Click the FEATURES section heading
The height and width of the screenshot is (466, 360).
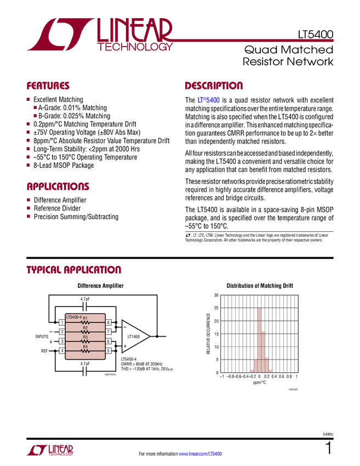[48, 86]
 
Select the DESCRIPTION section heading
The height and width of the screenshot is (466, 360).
[214, 86]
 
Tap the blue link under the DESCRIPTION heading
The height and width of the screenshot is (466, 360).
[209, 100]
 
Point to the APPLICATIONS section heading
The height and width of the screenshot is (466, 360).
[58, 186]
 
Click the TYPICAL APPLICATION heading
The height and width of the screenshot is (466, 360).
[73, 270]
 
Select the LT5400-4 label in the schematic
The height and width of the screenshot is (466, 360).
[74, 317]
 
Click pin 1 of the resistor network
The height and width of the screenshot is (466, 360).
[62, 322]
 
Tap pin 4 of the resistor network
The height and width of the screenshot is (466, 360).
[62, 350]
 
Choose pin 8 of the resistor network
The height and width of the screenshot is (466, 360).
[108, 322]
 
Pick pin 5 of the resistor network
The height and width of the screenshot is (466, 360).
[108, 350]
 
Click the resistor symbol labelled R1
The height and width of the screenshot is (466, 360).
[85, 323]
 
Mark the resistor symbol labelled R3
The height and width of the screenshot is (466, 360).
[85, 342]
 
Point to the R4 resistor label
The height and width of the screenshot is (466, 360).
[85, 346]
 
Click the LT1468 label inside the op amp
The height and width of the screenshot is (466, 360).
[133, 336]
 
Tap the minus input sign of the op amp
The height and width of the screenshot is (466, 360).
[125, 327]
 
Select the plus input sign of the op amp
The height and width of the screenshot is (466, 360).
[125, 346]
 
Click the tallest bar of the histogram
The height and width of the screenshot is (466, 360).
[260, 340]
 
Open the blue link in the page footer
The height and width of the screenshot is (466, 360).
[201, 453]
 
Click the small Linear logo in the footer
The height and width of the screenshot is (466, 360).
[49, 450]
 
